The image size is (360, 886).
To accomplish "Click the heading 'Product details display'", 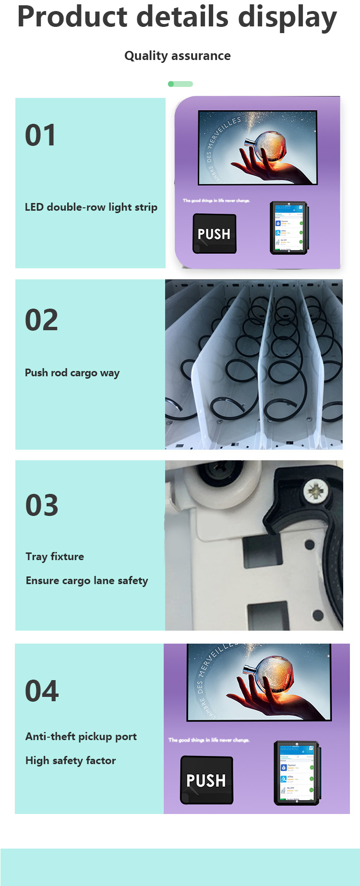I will pyautogui.click(x=177, y=17).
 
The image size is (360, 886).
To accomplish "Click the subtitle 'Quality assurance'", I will pyautogui.click(x=177, y=56).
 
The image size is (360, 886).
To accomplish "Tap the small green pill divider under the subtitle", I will pyautogui.click(x=180, y=84).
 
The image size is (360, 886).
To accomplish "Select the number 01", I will pyautogui.click(x=40, y=135).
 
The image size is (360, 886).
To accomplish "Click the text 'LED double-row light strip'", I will pyautogui.click(x=91, y=207).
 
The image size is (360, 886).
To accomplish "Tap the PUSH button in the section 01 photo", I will pyautogui.click(x=214, y=234).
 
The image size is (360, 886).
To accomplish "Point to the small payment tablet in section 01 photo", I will pyautogui.click(x=288, y=227).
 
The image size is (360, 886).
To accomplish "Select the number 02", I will pyautogui.click(x=41, y=320).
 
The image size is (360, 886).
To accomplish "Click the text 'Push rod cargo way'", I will pyautogui.click(x=72, y=373).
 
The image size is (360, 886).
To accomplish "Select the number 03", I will pyautogui.click(x=42, y=505).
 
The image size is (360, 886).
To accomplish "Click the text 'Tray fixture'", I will pyautogui.click(x=55, y=557).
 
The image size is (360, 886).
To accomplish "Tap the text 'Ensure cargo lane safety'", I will pyautogui.click(x=87, y=581).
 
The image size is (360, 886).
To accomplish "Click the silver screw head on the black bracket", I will pyautogui.click(x=315, y=491).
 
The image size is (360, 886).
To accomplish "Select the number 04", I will pyautogui.click(x=42, y=691).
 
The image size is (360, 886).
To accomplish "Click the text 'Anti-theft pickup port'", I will pyautogui.click(x=81, y=737).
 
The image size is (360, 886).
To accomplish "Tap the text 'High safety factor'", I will pyautogui.click(x=71, y=761).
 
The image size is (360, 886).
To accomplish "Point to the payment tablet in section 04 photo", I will pyautogui.click(x=296, y=773).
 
